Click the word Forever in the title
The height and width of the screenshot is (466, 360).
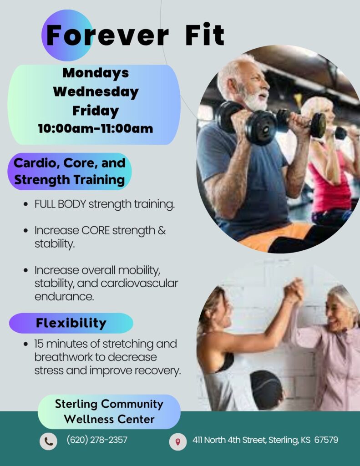point(107,35)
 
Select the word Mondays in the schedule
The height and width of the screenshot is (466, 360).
point(96,73)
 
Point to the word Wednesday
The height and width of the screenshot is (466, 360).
point(96,91)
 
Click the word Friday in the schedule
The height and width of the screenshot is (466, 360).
point(96,111)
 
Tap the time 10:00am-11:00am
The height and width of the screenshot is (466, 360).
point(96,129)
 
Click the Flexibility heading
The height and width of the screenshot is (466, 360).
point(71,323)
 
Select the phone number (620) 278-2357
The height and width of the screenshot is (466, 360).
point(97,440)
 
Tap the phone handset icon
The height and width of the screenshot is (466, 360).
point(48,441)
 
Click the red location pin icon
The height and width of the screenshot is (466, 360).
point(178,441)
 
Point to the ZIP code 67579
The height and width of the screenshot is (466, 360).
point(326,440)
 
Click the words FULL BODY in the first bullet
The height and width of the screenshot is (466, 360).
point(60,204)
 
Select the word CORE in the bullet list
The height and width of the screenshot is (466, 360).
point(96,230)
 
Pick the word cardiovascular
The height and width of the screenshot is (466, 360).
point(139,283)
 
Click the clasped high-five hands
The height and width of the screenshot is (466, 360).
point(294,290)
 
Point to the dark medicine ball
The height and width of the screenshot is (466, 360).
point(266,390)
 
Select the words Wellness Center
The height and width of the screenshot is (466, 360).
point(109,419)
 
